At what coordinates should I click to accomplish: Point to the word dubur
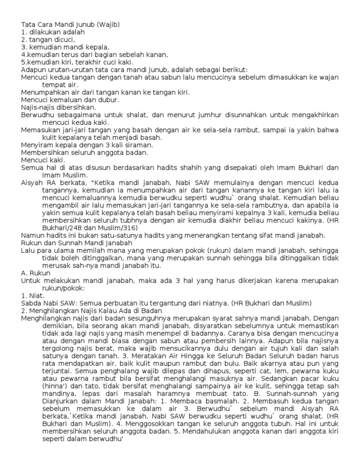108,100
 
